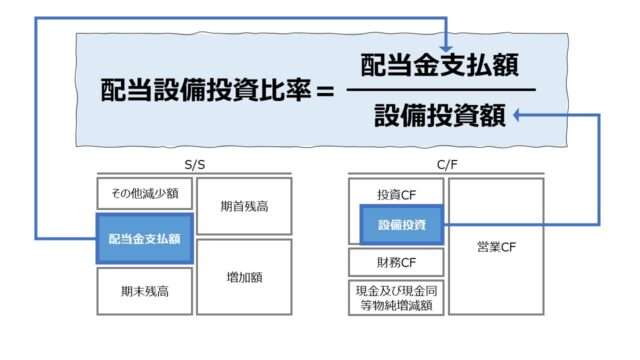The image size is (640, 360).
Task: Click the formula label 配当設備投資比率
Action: (x=206, y=90)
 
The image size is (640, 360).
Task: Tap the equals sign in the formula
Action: (x=325, y=91)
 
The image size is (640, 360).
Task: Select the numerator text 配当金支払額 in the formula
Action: (x=440, y=65)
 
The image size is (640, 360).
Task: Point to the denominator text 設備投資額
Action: (x=440, y=116)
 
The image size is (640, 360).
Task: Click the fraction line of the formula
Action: (x=441, y=89)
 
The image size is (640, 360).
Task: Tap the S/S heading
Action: (x=195, y=165)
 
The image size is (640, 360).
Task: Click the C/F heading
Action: (x=447, y=165)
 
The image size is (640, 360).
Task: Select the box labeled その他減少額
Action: (x=145, y=193)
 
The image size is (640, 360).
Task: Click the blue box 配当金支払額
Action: (x=145, y=239)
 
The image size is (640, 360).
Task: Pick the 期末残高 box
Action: (x=145, y=291)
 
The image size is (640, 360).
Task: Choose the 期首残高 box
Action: (x=244, y=206)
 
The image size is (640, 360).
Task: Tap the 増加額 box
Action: (x=244, y=277)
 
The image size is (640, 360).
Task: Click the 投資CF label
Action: (x=396, y=195)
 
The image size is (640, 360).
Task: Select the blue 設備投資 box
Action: (x=402, y=225)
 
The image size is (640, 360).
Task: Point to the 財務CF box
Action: (x=396, y=262)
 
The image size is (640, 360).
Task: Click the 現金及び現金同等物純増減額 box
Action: (x=396, y=298)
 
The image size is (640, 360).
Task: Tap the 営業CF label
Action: (x=497, y=247)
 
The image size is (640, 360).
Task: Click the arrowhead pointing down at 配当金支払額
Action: (x=446, y=47)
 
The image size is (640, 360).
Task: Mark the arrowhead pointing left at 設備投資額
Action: (x=517, y=116)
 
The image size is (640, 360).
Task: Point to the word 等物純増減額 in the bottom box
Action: (x=396, y=305)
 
